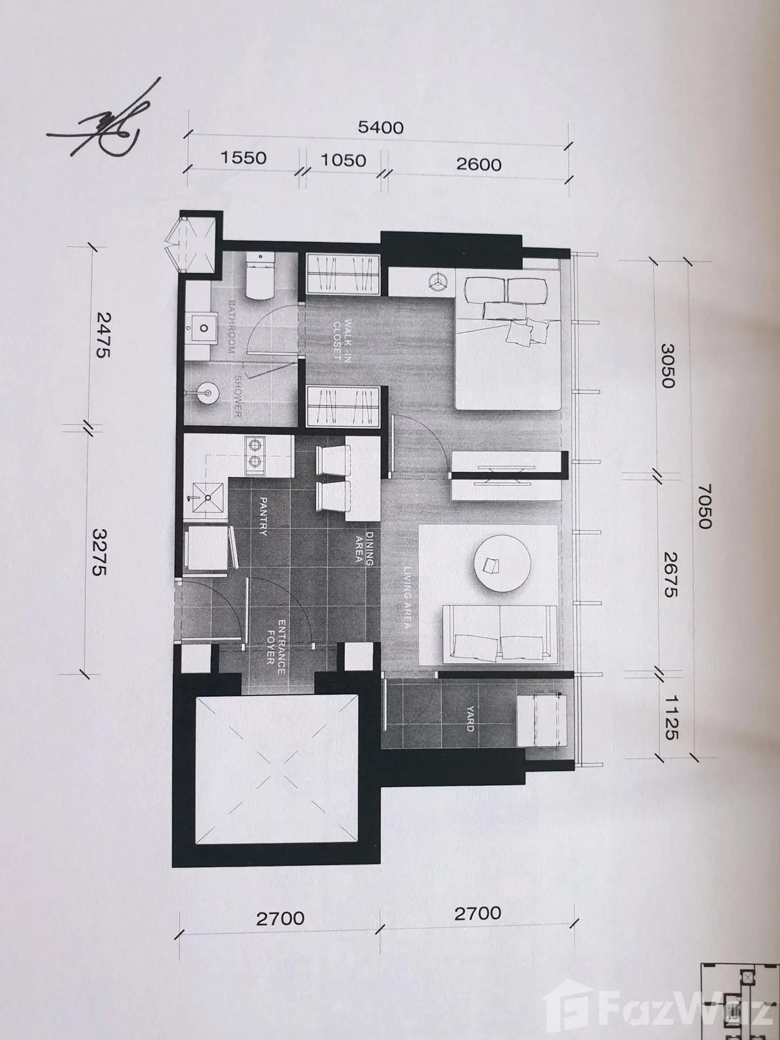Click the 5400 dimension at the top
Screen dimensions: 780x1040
[x=380, y=127]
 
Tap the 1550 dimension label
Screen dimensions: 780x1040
[x=243, y=158]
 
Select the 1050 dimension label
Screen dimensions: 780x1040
[x=343, y=161]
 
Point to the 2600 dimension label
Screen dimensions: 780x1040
[x=478, y=164]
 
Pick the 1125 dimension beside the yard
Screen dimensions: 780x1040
[x=671, y=718]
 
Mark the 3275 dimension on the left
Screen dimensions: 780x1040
[x=100, y=552]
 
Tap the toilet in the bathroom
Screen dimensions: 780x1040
[x=260, y=276]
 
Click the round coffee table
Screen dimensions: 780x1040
[x=502, y=564]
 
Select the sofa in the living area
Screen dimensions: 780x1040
[x=500, y=634]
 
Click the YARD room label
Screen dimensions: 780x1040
[x=470, y=719]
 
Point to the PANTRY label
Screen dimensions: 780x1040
[x=264, y=516]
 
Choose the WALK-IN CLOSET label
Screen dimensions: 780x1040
[x=343, y=339]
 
